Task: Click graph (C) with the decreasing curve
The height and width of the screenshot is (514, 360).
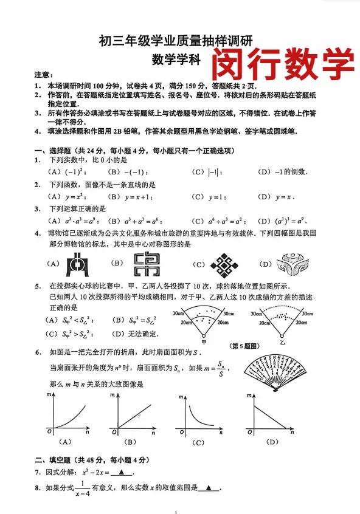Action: tap(197, 416)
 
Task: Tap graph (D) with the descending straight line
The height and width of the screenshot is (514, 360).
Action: tap(269, 416)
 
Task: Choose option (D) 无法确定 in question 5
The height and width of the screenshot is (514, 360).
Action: tap(134, 334)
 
